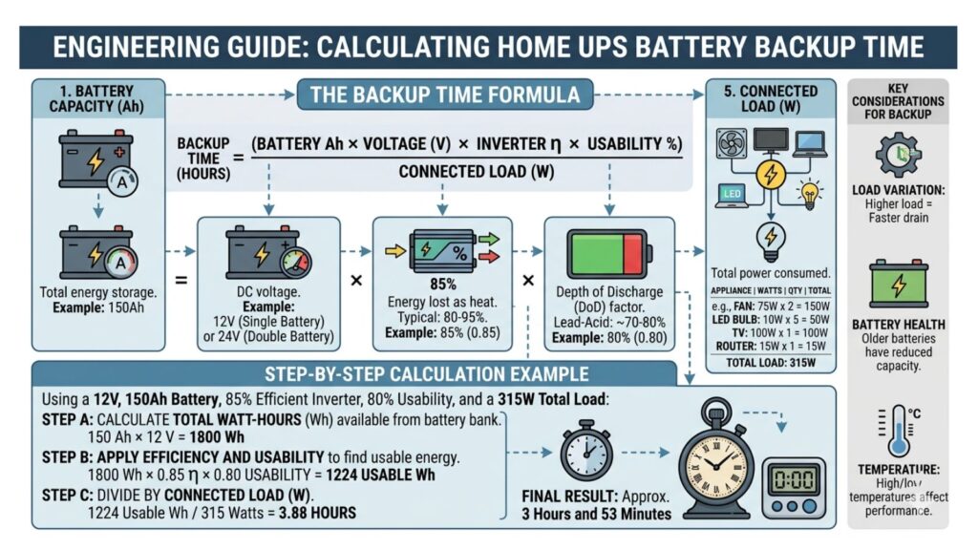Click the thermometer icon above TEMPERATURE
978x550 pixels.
pyautogui.click(x=897, y=430)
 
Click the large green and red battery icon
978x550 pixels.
pyautogui.click(x=608, y=252)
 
